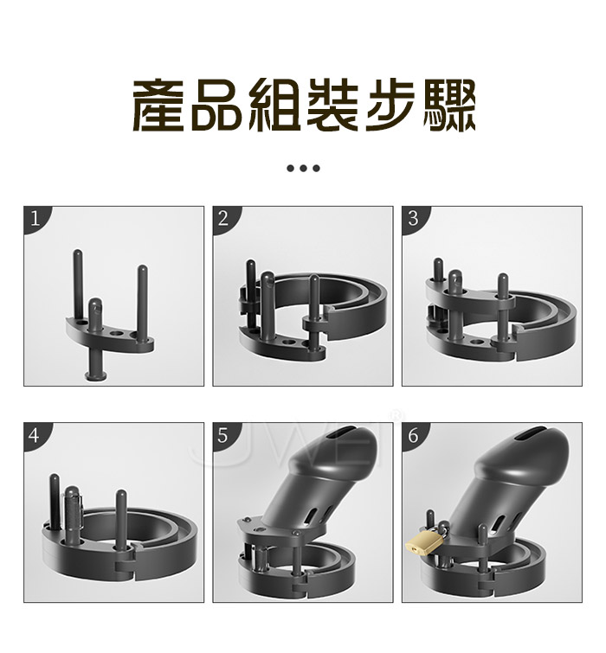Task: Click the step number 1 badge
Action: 34,218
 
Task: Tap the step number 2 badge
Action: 223,218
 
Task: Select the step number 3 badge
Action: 413,218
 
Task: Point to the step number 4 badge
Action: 34,435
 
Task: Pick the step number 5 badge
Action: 223,435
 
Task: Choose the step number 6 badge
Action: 413,435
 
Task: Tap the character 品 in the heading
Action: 216,105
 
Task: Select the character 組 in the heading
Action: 274,105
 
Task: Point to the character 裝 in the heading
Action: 332,105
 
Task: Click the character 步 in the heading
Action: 390,105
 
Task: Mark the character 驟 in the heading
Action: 449,105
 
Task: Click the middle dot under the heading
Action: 303,169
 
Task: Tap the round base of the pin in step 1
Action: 96,376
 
